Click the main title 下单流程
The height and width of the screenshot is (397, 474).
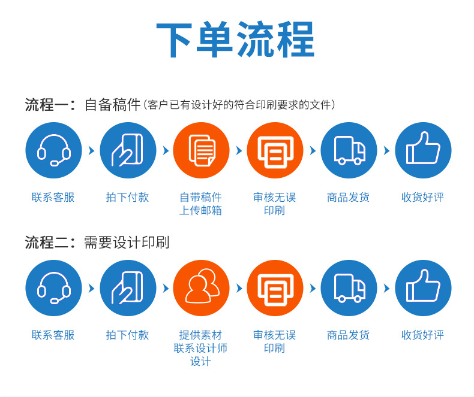tap(235, 39)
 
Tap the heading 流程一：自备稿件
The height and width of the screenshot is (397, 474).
tap(83, 105)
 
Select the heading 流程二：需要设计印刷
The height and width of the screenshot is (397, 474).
tap(97, 243)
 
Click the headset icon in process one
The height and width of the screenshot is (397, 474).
tap(54, 150)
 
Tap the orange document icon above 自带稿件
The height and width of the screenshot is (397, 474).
tap(202, 150)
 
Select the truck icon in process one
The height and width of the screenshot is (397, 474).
tap(349, 150)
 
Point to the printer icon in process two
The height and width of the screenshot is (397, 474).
tap(275, 288)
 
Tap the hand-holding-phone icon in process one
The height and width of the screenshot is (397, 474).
tap(128, 150)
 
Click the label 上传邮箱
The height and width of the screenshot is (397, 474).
tap(201, 211)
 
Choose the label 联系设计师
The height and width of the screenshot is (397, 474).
tap(201, 348)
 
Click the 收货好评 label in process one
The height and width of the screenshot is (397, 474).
tap(422, 197)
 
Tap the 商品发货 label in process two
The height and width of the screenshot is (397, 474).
tap(348, 335)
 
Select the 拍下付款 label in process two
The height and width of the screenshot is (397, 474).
tap(128, 335)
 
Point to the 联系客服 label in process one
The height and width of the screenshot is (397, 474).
tap(53, 197)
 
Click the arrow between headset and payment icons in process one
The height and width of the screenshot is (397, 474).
tap(91, 150)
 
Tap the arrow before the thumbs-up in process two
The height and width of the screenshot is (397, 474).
tap(386, 288)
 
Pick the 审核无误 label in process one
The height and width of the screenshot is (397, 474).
tap(274, 197)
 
